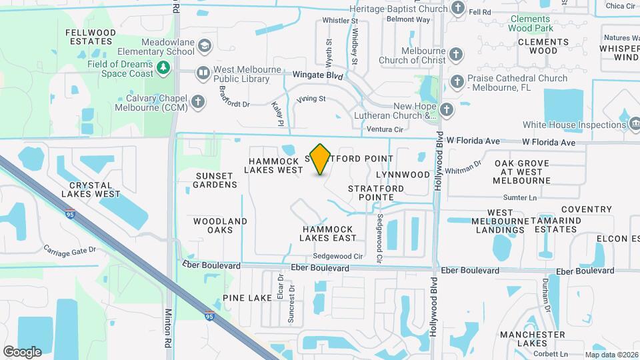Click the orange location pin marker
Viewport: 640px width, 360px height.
tap(321, 158)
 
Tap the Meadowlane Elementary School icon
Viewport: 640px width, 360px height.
tap(204, 46)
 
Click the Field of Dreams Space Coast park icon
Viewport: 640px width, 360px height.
tap(162, 68)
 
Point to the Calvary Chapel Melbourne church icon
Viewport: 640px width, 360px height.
tap(197, 101)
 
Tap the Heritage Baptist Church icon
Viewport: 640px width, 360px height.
tap(457, 8)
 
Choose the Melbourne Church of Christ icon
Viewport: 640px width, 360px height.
tap(456, 53)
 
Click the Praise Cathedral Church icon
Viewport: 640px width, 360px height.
tap(457, 81)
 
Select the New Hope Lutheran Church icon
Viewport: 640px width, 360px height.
tap(446, 108)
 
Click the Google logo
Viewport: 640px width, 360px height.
tap(22, 351)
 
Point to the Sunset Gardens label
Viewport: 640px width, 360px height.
tap(216, 180)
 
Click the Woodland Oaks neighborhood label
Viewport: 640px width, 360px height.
tap(221, 225)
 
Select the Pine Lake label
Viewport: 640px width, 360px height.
tap(247, 298)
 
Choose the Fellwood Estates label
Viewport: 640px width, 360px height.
tap(91, 37)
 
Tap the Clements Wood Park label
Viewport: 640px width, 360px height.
tap(531, 24)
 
